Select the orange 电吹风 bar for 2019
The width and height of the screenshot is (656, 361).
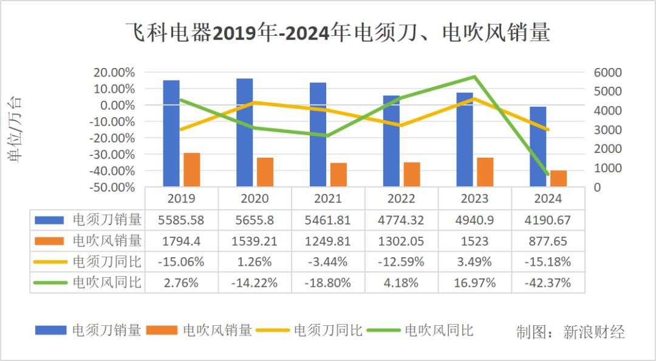[x=192, y=169]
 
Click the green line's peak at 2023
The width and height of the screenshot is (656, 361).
[x=474, y=77]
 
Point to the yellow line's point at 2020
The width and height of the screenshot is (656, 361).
[x=255, y=103]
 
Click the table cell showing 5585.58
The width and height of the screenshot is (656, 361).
[x=181, y=220]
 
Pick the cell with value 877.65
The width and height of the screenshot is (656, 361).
[x=548, y=241]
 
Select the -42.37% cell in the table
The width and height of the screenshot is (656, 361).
[x=548, y=283]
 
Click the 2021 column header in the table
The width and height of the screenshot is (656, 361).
[x=328, y=198]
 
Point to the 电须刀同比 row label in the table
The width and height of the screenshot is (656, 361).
[x=107, y=261]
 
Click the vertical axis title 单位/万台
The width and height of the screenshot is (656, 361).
[x=14, y=129]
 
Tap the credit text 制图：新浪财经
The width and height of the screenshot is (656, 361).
[x=570, y=332]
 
